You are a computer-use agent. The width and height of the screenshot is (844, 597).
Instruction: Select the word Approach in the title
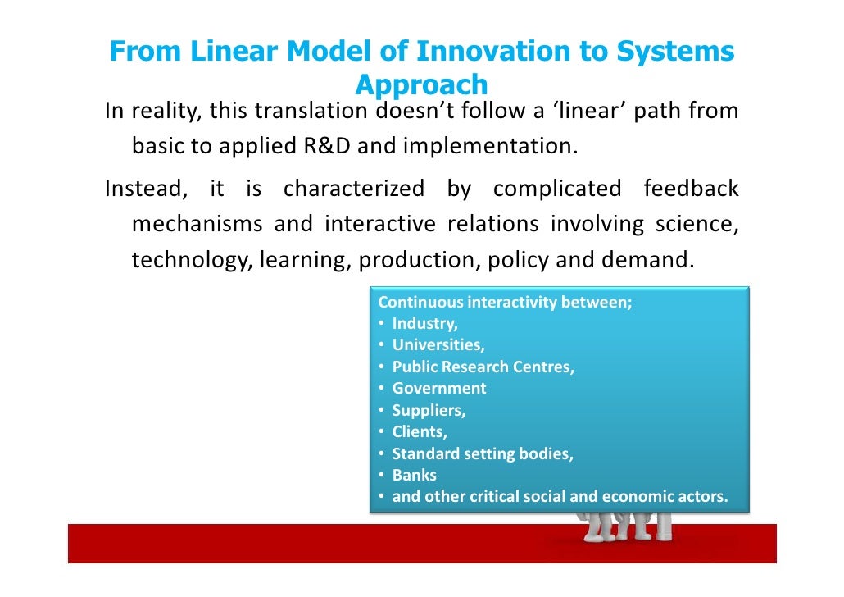coord(422,84)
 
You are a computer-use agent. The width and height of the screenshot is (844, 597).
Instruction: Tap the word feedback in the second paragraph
coord(690,189)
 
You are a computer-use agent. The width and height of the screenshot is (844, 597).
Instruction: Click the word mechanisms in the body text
coord(197,225)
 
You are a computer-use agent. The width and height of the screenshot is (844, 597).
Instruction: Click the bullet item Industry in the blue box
coord(424,323)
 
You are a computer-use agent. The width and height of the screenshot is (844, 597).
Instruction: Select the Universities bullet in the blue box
coord(438,344)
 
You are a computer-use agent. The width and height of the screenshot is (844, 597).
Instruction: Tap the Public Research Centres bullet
coord(483,367)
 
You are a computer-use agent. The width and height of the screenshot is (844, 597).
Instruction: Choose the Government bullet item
coord(438,388)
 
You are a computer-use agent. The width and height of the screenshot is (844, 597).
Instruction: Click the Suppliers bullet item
coord(429,410)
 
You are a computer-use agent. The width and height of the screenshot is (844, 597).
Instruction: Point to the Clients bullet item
coord(419,431)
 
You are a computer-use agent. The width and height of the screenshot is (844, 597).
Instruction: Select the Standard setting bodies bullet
coord(482,453)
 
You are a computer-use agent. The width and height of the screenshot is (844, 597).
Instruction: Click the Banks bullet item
coord(414,475)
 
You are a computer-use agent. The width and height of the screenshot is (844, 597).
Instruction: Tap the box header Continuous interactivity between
coord(505,301)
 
